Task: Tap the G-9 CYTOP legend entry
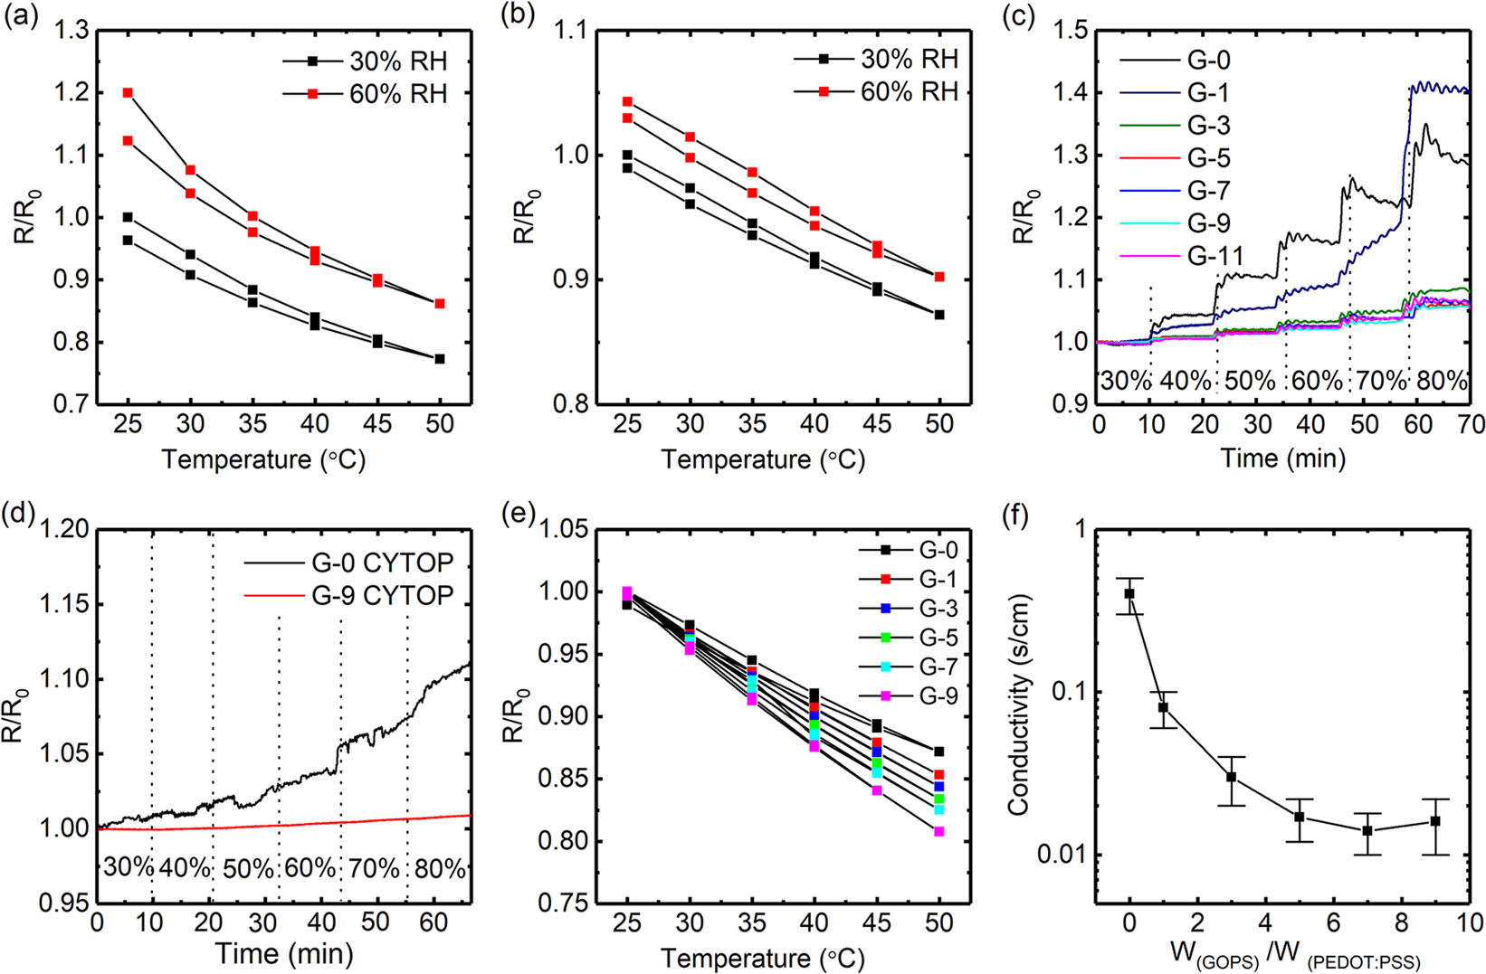click(x=382, y=595)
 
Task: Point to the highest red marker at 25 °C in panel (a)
click(x=128, y=93)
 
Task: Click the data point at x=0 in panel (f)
click(x=1129, y=593)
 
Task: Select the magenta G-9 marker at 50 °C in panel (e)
click(x=939, y=831)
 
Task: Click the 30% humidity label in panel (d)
click(x=128, y=868)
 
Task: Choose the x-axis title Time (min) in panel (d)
click(x=283, y=953)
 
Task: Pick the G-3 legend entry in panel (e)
click(x=938, y=609)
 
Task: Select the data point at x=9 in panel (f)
click(x=1435, y=821)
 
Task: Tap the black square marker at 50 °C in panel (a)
click(x=440, y=359)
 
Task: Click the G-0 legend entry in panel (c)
click(x=1208, y=61)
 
